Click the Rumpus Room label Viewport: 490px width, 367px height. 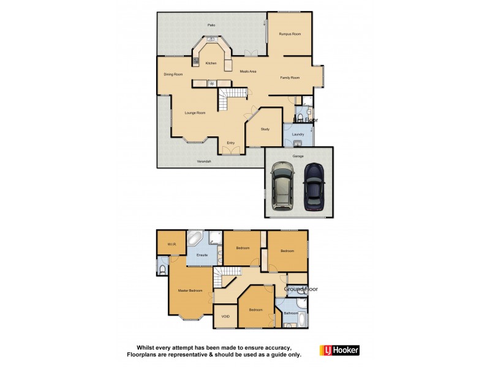(290, 34)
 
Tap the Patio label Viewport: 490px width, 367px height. (211, 25)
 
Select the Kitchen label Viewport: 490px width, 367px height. (211, 63)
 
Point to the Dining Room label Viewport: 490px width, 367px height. (173, 75)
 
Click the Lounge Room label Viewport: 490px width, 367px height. (195, 113)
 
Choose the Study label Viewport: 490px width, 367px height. (265, 129)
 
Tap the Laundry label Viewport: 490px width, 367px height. (298, 134)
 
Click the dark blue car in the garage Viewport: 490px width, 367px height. (314, 186)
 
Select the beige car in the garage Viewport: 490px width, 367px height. (282, 186)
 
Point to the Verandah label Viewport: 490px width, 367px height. (204, 161)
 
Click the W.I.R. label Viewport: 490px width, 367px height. (171, 245)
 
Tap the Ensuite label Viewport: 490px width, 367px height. (202, 254)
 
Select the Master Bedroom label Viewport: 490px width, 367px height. (190, 290)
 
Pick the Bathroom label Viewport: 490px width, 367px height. (290, 314)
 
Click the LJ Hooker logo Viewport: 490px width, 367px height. (339, 350)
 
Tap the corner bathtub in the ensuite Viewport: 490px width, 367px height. (196, 238)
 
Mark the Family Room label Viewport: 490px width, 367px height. (290, 78)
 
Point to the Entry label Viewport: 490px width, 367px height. (231, 143)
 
